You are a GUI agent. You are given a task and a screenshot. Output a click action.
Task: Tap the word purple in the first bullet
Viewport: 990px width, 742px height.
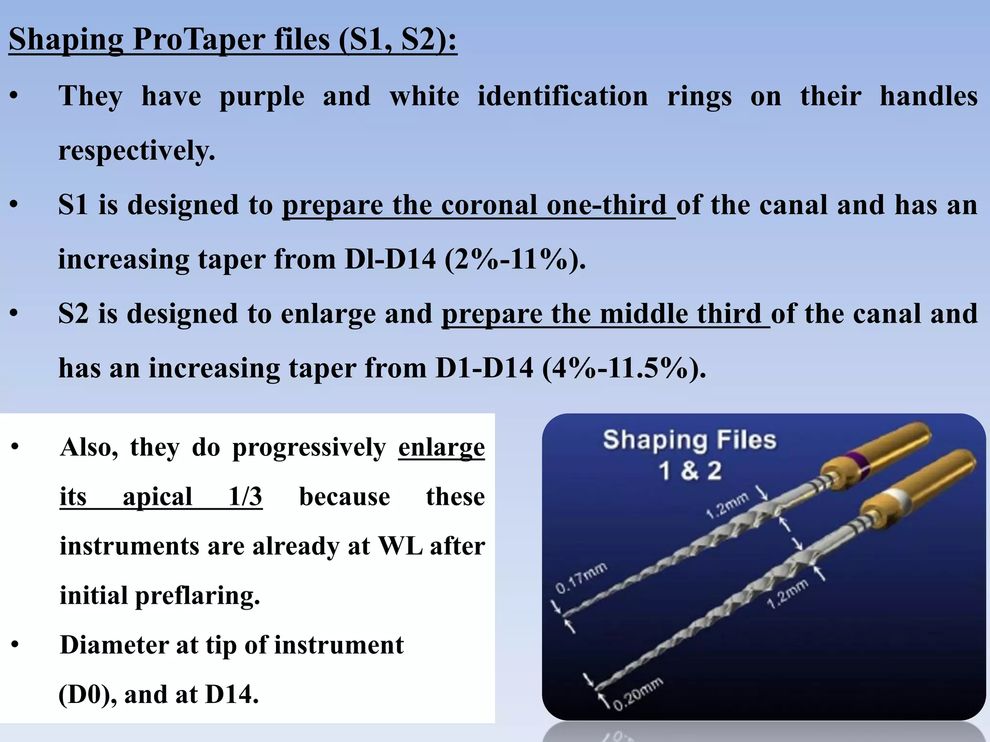(262, 97)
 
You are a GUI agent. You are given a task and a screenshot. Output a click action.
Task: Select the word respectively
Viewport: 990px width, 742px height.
(136, 151)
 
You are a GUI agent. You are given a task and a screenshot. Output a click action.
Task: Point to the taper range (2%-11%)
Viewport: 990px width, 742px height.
(515, 259)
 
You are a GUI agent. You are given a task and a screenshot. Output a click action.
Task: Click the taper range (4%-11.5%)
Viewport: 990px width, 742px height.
(624, 368)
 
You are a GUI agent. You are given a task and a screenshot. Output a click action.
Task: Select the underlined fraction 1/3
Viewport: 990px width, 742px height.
(245, 497)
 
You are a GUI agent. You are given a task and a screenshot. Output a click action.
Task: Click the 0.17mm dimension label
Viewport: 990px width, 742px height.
(581, 578)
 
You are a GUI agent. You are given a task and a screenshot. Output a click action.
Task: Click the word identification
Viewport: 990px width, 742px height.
(562, 96)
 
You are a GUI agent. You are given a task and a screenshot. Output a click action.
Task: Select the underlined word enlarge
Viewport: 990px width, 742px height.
(441, 447)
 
